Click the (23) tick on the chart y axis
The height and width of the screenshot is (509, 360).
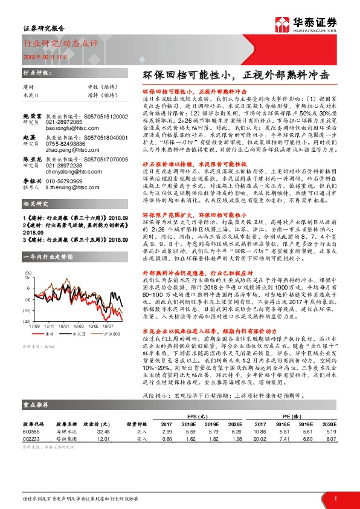[27, 321]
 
